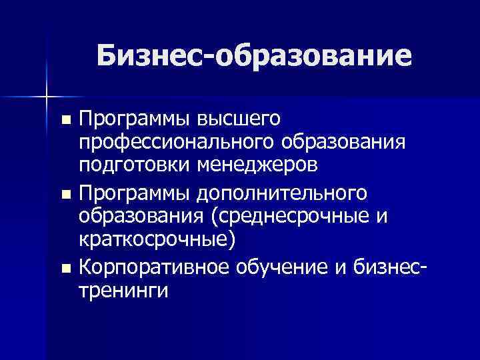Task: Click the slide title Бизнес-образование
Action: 253,56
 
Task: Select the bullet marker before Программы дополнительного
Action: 65,195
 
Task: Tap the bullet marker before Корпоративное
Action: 65,269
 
